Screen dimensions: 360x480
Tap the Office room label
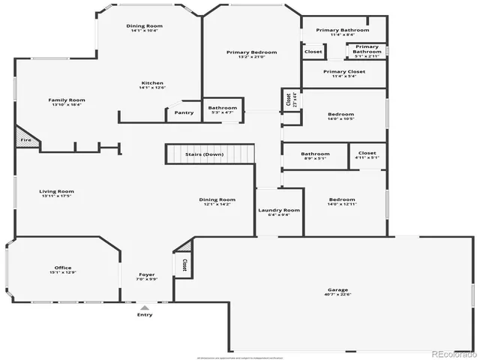click(x=62, y=268)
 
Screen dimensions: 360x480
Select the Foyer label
click(x=147, y=275)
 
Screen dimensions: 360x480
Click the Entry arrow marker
click(x=145, y=307)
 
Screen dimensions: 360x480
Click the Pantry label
click(x=184, y=112)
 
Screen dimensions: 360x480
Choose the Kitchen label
click(x=152, y=83)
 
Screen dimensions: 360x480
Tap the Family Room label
click(x=67, y=100)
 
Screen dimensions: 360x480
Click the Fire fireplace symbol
click(x=25, y=139)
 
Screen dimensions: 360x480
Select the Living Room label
click(x=56, y=191)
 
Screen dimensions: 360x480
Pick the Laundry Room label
click(x=279, y=210)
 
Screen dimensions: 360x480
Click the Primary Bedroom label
click(x=252, y=52)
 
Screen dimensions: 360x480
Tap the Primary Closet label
click(x=343, y=72)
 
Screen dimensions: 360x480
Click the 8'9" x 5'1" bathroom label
click(x=315, y=158)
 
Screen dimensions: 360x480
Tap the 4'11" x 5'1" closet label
click(x=367, y=158)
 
